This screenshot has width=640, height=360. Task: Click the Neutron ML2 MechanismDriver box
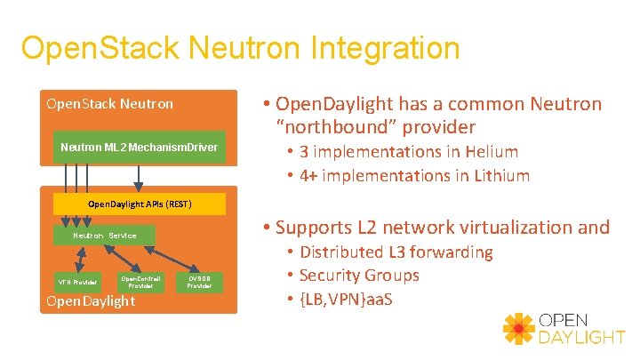pyautogui.click(x=139, y=146)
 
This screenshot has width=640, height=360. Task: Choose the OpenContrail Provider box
pyautogui.click(x=140, y=282)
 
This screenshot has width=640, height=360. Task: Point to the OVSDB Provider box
pyautogui.click(x=200, y=282)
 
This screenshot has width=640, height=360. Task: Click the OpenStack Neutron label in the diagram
pyautogui.click(x=109, y=104)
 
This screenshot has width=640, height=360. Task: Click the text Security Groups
pyautogui.click(x=359, y=276)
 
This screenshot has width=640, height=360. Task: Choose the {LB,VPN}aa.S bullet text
pyautogui.click(x=347, y=298)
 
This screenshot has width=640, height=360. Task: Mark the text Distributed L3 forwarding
pyautogui.click(x=396, y=252)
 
